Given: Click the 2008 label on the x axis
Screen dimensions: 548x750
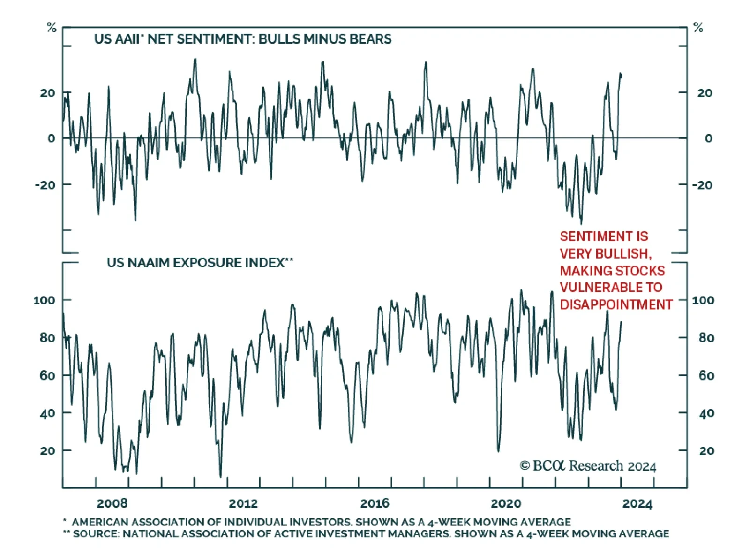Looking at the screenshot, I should (112, 503).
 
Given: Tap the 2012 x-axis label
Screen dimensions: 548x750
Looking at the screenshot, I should (243, 503).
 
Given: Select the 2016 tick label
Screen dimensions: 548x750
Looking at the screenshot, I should (375, 503).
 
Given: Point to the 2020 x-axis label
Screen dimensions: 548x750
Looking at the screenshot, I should (506, 503).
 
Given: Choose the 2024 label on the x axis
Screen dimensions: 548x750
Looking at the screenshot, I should (637, 504).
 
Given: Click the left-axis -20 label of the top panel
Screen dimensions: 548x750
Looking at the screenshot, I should (45, 185).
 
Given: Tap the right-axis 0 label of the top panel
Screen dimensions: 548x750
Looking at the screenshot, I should (708, 138).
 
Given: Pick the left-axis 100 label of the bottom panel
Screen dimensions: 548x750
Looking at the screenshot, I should (44, 300).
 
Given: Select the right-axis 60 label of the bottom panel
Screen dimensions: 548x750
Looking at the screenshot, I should (706, 375).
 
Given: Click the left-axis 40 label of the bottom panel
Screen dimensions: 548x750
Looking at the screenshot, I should (47, 413).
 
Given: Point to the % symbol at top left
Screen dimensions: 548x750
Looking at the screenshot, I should (52, 28).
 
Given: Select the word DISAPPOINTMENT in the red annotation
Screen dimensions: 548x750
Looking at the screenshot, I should (616, 304).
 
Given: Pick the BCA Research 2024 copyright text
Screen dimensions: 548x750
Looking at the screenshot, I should (588, 466).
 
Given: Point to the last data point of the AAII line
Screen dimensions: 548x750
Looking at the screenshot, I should (622, 75).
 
